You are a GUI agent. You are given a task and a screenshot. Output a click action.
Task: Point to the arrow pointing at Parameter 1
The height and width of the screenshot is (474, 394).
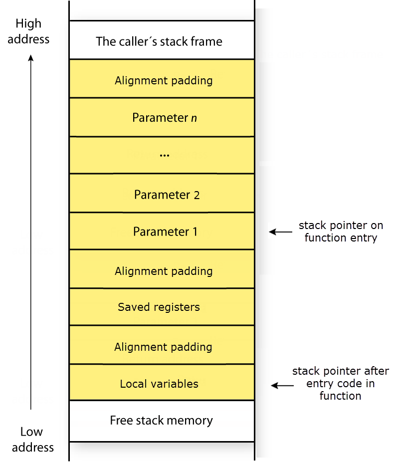click(x=281, y=232)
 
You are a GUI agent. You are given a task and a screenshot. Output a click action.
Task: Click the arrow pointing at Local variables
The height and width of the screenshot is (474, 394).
click(x=282, y=385)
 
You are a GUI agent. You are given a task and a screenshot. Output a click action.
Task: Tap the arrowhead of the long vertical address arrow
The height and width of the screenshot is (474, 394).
click(x=31, y=58)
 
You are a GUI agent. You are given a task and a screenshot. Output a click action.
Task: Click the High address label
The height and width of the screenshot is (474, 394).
click(x=28, y=31)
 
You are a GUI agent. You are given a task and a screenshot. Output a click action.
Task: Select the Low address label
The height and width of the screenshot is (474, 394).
click(x=32, y=439)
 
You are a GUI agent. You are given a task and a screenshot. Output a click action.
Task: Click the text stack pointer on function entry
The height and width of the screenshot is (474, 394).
click(x=341, y=232)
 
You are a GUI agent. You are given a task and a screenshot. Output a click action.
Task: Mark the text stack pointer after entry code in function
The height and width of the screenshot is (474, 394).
click(x=341, y=383)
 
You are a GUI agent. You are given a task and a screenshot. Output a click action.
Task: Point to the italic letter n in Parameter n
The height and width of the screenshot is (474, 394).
click(x=194, y=118)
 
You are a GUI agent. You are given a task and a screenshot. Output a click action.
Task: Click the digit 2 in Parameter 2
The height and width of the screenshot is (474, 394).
click(x=197, y=195)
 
